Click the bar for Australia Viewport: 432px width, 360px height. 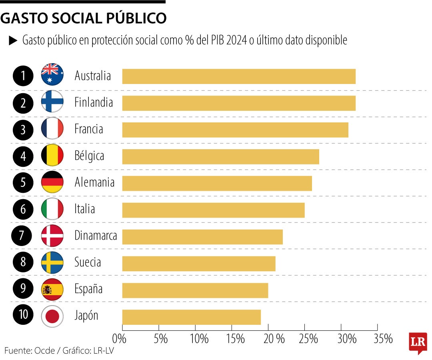coord(239,76)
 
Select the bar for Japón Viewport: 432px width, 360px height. coord(191,317)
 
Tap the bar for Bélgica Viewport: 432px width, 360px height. coord(220,156)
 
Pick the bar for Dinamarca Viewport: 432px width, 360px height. coord(202,237)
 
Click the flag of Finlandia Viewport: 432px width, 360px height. coord(52,103)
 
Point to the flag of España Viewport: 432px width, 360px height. coord(52,290)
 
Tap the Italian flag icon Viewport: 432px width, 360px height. coord(52,209)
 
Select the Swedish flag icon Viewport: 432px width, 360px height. coord(52,263)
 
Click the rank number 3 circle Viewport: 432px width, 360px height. coord(23,130)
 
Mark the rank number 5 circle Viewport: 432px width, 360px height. coord(23,183)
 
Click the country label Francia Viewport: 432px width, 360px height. coord(89,129)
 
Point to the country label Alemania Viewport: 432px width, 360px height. coord(94,183)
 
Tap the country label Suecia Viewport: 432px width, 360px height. coord(88,263)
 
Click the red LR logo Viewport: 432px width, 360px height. coord(418,342)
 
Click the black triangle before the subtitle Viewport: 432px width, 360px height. coord(13,40)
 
